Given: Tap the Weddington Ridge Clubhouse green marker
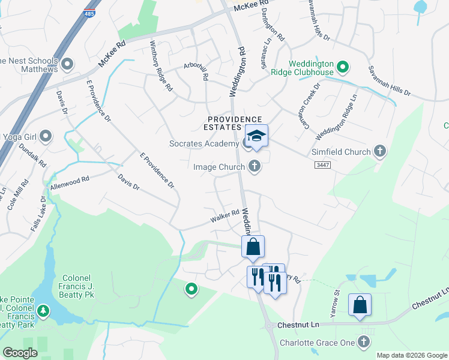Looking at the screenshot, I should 343,67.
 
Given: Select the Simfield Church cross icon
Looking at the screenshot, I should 379,152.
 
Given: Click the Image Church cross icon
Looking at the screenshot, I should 255,166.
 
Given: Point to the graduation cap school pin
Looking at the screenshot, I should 256,137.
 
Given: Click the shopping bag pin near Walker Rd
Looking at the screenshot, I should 253,247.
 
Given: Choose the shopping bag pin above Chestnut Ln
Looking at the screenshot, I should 360,304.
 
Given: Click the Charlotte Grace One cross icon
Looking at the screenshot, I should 363,343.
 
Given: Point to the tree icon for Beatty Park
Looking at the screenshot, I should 43,310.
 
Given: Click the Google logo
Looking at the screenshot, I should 20,353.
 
